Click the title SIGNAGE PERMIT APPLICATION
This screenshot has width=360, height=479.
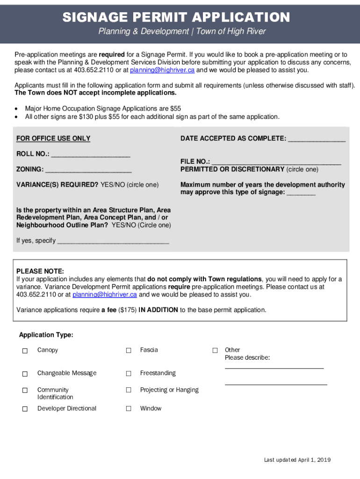pos(176,18)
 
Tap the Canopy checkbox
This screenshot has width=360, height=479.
pos(25,351)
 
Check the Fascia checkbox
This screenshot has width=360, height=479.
pos(129,351)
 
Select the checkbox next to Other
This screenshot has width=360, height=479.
pos(215,350)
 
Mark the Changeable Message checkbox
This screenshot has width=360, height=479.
pos(25,374)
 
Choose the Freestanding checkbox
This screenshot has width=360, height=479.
pos(129,374)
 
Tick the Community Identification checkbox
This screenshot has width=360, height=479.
pos(25,391)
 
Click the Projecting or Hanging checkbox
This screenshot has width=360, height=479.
pos(129,391)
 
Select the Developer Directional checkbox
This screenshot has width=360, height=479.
pos(25,409)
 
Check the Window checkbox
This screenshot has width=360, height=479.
pos(129,409)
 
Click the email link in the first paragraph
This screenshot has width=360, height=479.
pos(162,70)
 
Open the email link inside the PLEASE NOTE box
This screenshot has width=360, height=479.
pos(104,295)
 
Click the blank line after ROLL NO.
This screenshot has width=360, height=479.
pos(90,154)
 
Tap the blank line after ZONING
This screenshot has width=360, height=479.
pos(88,170)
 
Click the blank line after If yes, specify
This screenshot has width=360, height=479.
pos(112,241)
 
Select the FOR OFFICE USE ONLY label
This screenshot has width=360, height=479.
pos(53,138)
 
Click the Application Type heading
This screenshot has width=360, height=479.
pos(46,335)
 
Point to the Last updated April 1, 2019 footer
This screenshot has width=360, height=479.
pos(297,460)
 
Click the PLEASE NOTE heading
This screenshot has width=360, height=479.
pos(40,271)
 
